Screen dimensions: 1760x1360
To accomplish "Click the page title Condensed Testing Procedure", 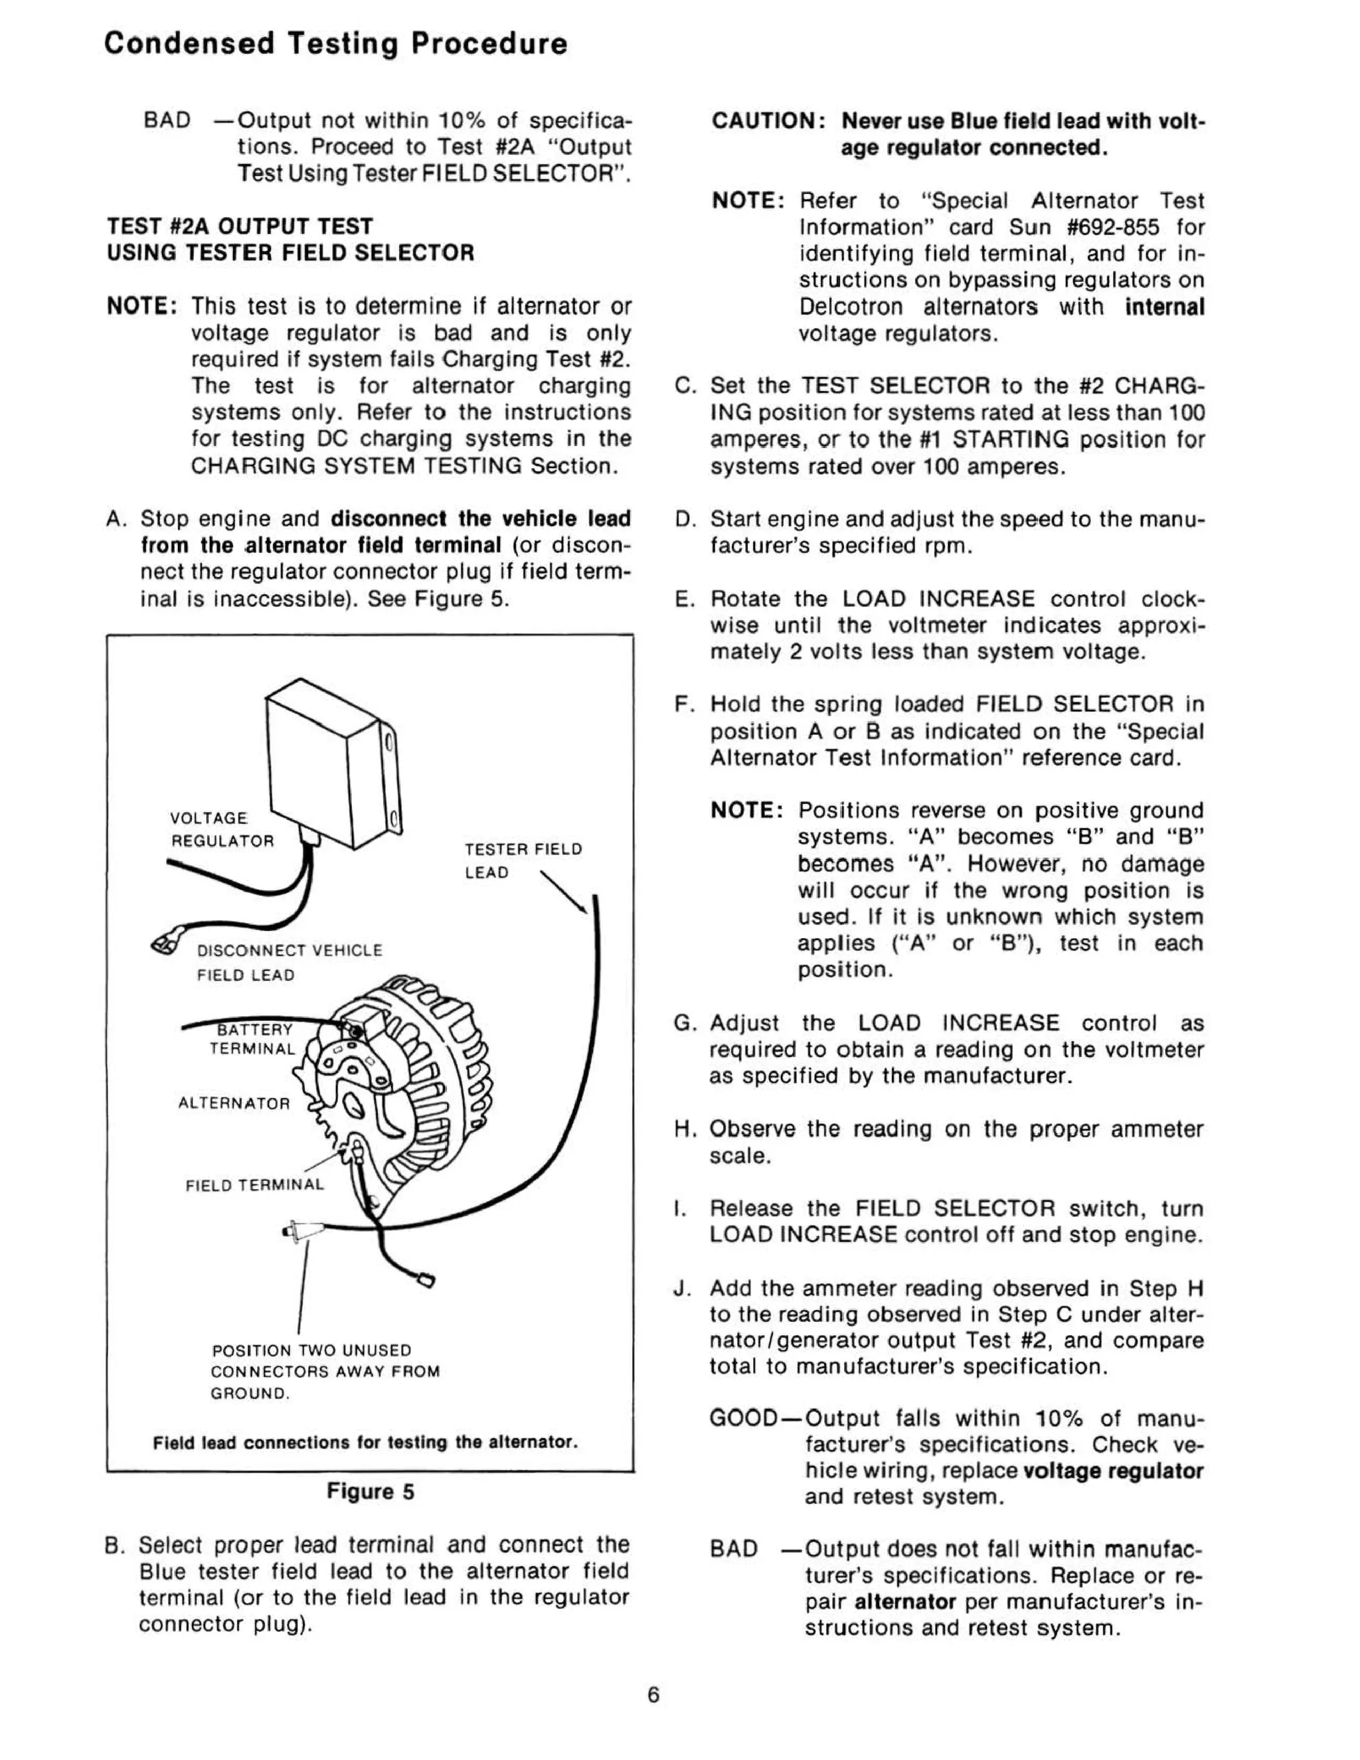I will (x=335, y=44).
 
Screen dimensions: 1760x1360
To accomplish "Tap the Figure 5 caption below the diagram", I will (x=370, y=1492).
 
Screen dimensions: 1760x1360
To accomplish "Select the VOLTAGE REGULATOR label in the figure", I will (x=222, y=829).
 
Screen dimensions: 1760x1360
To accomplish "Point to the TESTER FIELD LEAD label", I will (x=523, y=860).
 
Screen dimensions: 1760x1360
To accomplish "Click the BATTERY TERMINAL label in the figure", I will (x=253, y=1039).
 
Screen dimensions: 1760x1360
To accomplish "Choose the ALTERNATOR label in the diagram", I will (x=234, y=1103).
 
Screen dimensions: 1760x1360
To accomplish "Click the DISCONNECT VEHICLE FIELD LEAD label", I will (x=289, y=962).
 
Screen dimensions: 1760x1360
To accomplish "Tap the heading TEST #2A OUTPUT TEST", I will (x=240, y=226).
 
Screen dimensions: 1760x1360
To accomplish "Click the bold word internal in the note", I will (x=1164, y=307).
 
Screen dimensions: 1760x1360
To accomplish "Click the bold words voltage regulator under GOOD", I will (x=1112, y=1471).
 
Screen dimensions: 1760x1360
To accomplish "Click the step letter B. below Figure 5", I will (x=114, y=1546).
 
